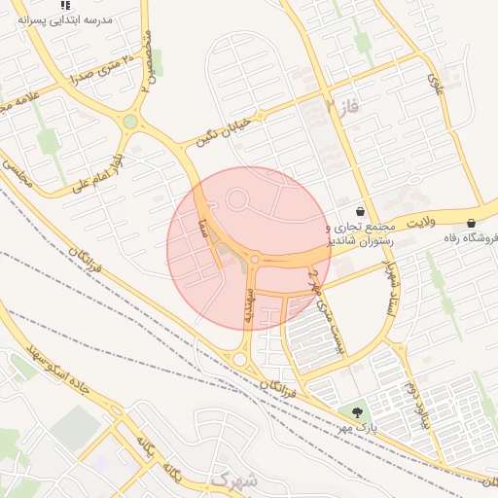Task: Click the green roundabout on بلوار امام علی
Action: point(129,122)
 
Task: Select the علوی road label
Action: point(439,86)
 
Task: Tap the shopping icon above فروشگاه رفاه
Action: point(472,223)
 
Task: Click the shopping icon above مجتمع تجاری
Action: point(361,210)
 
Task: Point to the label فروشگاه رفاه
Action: point(467,238)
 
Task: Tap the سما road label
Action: point(203,230)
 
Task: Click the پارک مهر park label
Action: point(356,428)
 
